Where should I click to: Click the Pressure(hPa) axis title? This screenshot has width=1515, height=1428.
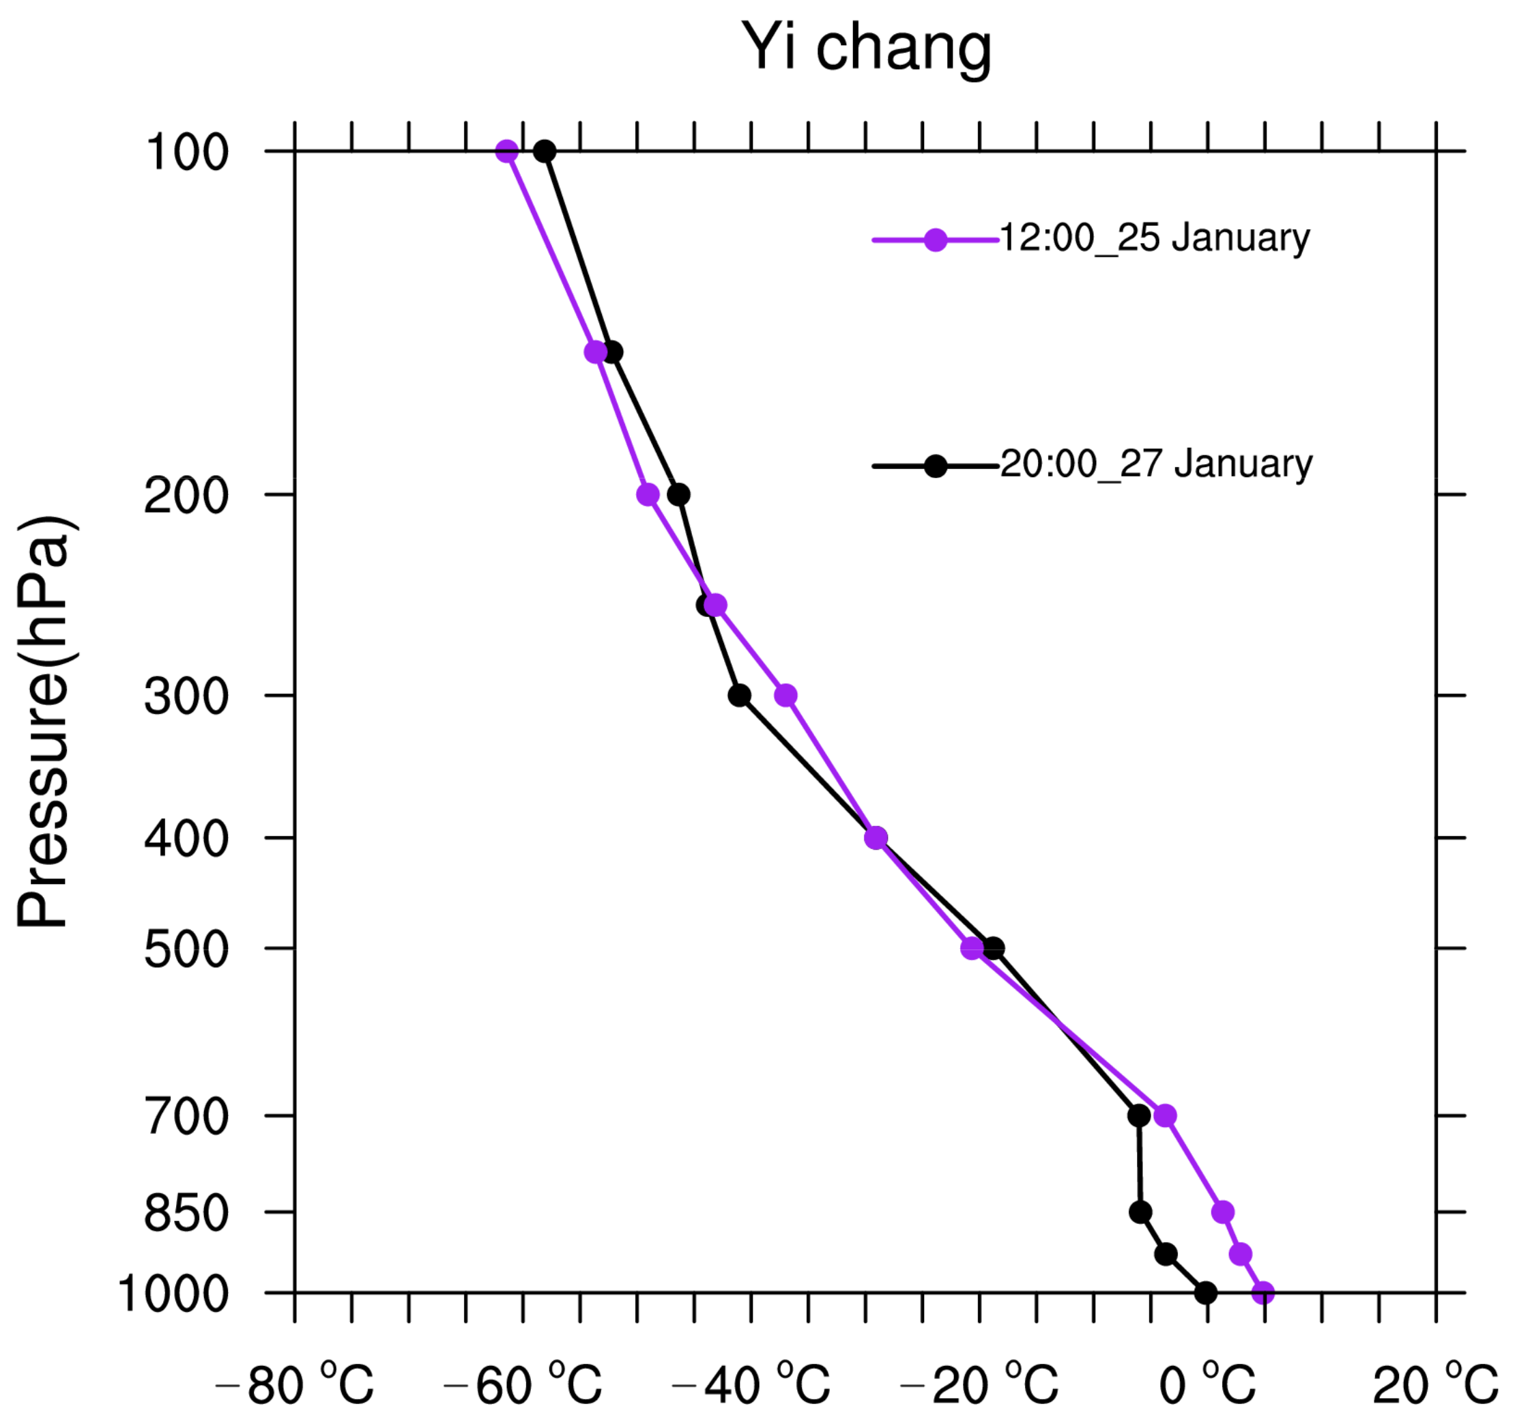tap(44, 722)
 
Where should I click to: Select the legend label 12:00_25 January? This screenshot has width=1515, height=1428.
tap(1154, 239)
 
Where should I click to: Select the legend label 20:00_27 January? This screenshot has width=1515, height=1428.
tap(1155, 464)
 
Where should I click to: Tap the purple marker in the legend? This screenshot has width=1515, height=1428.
tap(935, 240)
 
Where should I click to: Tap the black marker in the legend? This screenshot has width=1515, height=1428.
tap(935, 466)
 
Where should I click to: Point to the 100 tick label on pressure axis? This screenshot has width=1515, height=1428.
tap(187, 154)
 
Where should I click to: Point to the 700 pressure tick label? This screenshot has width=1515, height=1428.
tap(187, 1119)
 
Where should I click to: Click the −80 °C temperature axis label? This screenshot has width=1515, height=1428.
tap(295, 1384)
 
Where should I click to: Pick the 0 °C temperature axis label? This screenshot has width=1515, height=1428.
tap(1207, 1384)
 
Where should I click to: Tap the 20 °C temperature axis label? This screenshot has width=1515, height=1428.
tap(1434, 1384)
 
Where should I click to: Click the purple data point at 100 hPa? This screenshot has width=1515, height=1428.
tap(507, 152)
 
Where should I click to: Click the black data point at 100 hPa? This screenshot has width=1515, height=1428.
tap(544, 152)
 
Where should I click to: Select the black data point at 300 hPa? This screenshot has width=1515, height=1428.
tap(739, 696)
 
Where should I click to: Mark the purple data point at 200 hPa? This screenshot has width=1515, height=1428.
tap(648, 495)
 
